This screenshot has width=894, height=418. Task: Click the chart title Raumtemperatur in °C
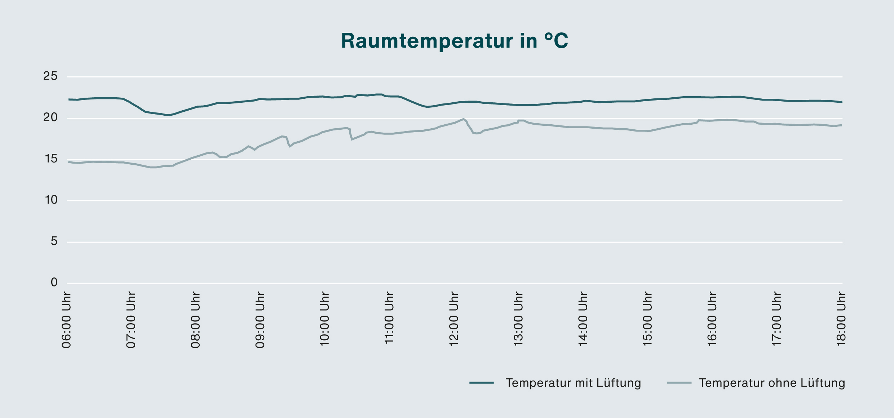tap(454, 41)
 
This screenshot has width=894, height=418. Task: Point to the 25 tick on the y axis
tap(50, 76)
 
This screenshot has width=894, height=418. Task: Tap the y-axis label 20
tap(50, 117)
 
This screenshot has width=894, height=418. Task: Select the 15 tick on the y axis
tap(50, 159)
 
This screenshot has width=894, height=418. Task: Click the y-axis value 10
tap(50, 200)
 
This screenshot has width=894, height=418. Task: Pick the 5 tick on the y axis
tap(54, 241)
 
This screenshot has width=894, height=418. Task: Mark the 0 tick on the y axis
tap(54, 283)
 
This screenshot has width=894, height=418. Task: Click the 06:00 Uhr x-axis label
tap(66, 320)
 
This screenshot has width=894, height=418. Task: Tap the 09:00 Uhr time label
tap(260, 320)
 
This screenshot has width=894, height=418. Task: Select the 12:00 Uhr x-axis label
tap(453, 320)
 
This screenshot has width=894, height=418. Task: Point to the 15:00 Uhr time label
tap(647, 320)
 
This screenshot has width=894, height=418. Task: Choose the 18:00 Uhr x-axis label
tap(841, 320)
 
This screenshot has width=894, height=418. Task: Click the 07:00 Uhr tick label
tap(131, 320)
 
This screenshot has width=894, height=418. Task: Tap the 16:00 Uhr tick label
tap(712, 320)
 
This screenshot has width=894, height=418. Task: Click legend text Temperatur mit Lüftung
tap(573, 383)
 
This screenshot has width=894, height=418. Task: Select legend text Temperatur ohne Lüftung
tap(772, 383)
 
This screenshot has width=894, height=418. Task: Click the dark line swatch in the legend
tap(482, 383)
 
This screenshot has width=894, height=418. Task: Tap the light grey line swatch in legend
tap(679, 383)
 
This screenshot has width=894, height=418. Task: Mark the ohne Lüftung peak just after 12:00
tap(463, 119)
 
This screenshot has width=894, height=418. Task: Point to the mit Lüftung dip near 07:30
tap(169, 115)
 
